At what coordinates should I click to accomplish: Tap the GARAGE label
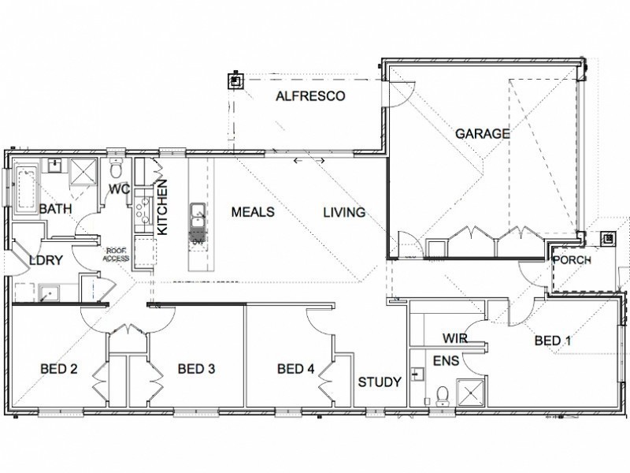[x=482, y=134]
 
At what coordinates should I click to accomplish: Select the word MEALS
[x=252, y=212]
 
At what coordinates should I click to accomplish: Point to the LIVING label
[x=344, y=212]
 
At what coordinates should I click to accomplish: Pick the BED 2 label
[x=60, y=368]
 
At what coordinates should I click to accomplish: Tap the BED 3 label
[x=198, y=368]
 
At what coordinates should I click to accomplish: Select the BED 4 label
[x=297, y=368]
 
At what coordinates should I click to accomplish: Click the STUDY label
[x=380, y=382]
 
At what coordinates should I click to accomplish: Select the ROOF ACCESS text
[x=117, y=253]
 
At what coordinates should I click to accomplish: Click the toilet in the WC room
[x=117, y=169]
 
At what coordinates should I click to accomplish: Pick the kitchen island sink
[x=198, y=211]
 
